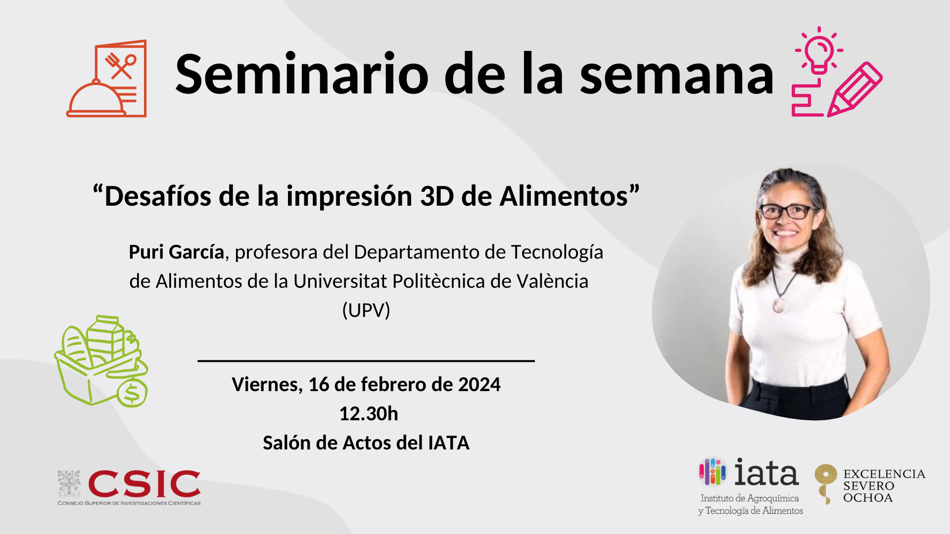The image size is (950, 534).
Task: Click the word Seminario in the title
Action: pyautogui.click(x=302, y=74)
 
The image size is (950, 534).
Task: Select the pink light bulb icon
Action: pyautogui.click(x=819, y=50)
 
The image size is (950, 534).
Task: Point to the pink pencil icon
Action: pyautogui.click(x=855, y=89)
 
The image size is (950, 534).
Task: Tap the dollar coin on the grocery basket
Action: pyautogui.click(x=132, y=393)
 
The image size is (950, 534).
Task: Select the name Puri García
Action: pyautogui.click(x=176, y=252)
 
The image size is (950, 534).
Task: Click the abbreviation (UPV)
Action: pyautogui.click(x=366, y=311)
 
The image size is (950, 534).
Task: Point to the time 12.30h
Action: pyautogui.click(x=369, y=414)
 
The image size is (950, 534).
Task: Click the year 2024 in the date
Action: pyautogui.click(x=479, y=385)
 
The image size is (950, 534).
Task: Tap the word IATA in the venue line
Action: pyautogui.click(x=449, y=443)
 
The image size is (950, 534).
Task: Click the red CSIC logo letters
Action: pyautogui.click(x=144, y=484)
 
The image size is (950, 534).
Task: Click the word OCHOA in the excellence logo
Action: pyautogui.click(x=868, y=498)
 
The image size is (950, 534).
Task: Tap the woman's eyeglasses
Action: pyautogui.click(x=787, y=212)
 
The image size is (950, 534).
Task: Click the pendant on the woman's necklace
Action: pyautogui.click(x=780, y=304)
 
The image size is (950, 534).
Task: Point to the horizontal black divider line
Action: pyautogui.click(x=366, y=361)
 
